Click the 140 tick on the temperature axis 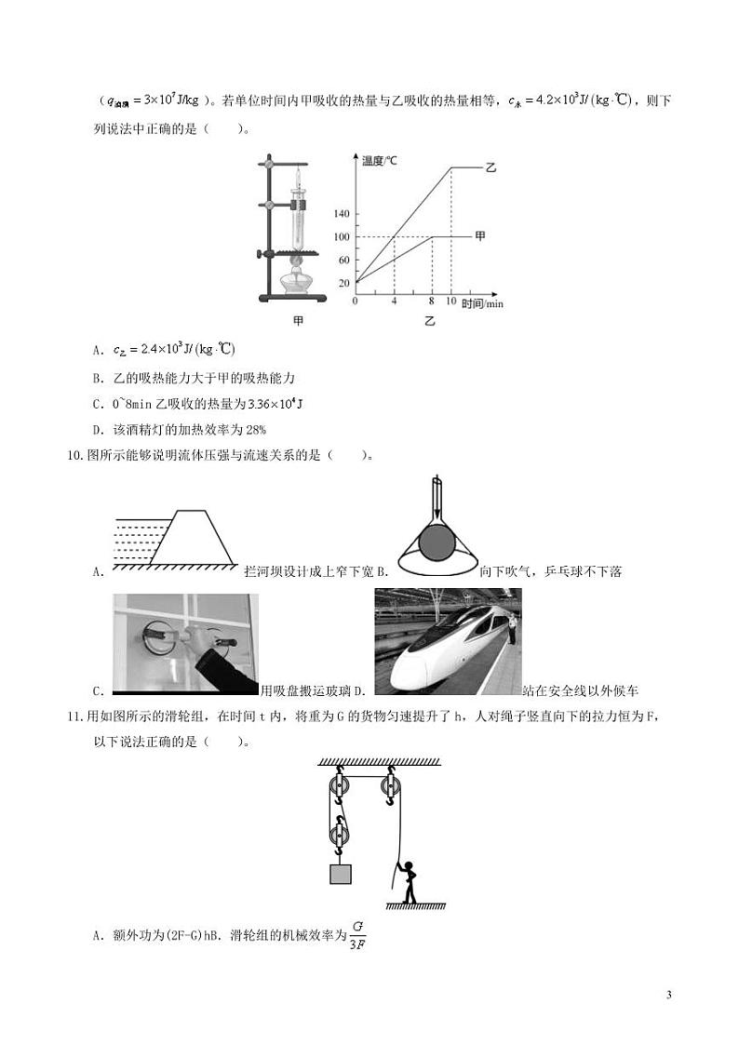click(x=342, y=213)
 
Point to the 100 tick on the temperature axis click(x=342, y=236)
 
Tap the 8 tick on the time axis click(x=433, y=301)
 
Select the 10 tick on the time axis click(x=451, y=301)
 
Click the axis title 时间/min click(x=481, y=303)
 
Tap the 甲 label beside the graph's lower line click(x=480, y=236)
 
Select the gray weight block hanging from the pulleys click(x=340, y=876)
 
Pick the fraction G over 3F click(x=357, y=937)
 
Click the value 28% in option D click(x=255, y=429)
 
